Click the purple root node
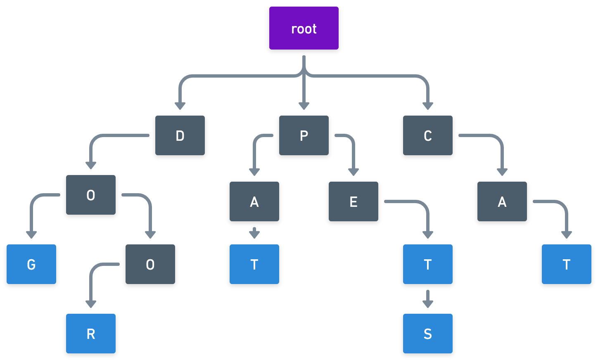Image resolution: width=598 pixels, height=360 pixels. click(304, 28)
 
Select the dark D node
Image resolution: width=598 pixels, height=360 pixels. click(180, 135)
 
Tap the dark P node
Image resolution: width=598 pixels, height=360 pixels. click(304, 135)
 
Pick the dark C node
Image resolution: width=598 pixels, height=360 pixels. click(428, 135)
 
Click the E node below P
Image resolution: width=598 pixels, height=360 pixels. click(354, 201)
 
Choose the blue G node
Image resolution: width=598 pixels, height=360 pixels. click(31, 264)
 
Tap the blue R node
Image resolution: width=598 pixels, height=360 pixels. click(91, 334)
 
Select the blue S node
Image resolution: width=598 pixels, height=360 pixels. click(428, 334)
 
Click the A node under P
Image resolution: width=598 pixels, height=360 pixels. click(254, 201)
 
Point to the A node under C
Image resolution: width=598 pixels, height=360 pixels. click(502, 201)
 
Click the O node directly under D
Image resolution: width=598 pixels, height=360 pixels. click(91, 195)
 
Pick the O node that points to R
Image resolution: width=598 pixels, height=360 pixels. click(150, 264)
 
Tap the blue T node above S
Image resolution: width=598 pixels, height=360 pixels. click(428, 264)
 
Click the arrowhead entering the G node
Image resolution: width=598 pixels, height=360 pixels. click(31, 235)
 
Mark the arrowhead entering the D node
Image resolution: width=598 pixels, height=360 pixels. click(180, 106)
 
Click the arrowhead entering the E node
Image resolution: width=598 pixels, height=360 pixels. click(354, 172)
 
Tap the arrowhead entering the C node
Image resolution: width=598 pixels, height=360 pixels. click(428, 106)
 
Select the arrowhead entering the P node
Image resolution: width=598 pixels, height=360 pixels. click(304, 106)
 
